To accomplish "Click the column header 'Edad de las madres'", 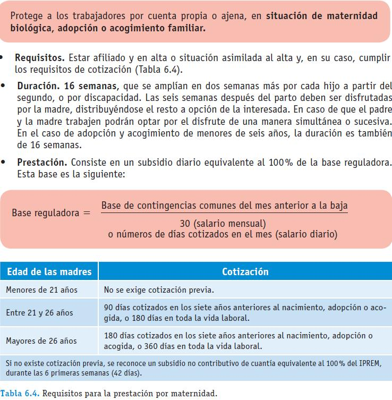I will [49, 271].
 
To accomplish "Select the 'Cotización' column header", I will [245, 271].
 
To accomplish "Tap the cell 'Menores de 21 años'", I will [41, 290].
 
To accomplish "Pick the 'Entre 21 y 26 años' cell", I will [40, 312].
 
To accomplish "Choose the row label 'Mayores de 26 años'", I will [41, 341].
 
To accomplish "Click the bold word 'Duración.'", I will [37, 86].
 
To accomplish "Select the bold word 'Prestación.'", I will [41, 163].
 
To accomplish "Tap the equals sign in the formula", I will [87, 213].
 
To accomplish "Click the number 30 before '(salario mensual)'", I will [185, 223].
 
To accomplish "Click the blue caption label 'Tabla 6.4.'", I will [20, 394].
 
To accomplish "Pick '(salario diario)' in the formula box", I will [305, 234].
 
